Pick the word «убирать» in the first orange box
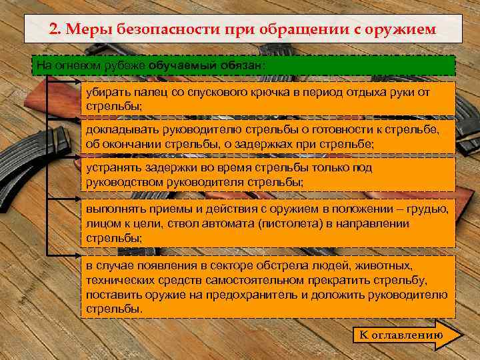pyautogui.click(x=106, y=93)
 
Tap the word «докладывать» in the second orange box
pyautogui.click(x=119, y=130)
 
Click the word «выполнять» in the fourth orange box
pyautogui.click(x=113, y=209)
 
